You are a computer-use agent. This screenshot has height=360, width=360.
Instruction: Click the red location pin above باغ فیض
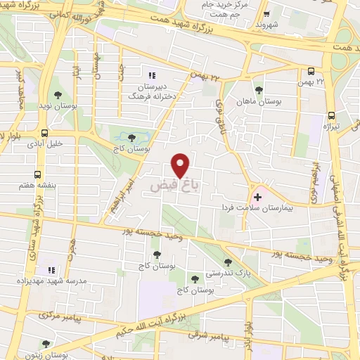coord(181,165)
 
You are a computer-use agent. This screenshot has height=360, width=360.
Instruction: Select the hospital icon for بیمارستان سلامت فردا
coord(257,196)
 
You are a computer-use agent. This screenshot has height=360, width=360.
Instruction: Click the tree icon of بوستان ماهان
coord(259,90)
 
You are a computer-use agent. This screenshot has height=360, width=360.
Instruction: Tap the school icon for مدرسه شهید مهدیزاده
coord(50,269)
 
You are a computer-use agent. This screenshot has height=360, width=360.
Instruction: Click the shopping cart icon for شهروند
coord(265,13)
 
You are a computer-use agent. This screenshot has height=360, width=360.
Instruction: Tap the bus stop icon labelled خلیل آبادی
coord(44,133)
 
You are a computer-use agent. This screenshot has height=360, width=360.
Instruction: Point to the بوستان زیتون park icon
coord(46,344)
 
